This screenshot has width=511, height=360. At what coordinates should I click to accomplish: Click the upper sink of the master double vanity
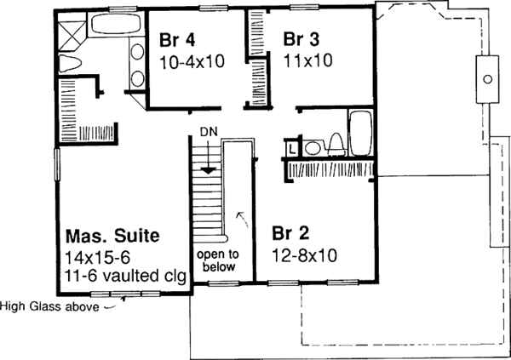(x=137, y=53)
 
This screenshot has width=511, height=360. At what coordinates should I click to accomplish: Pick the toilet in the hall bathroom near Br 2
(x=335, y=145)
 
